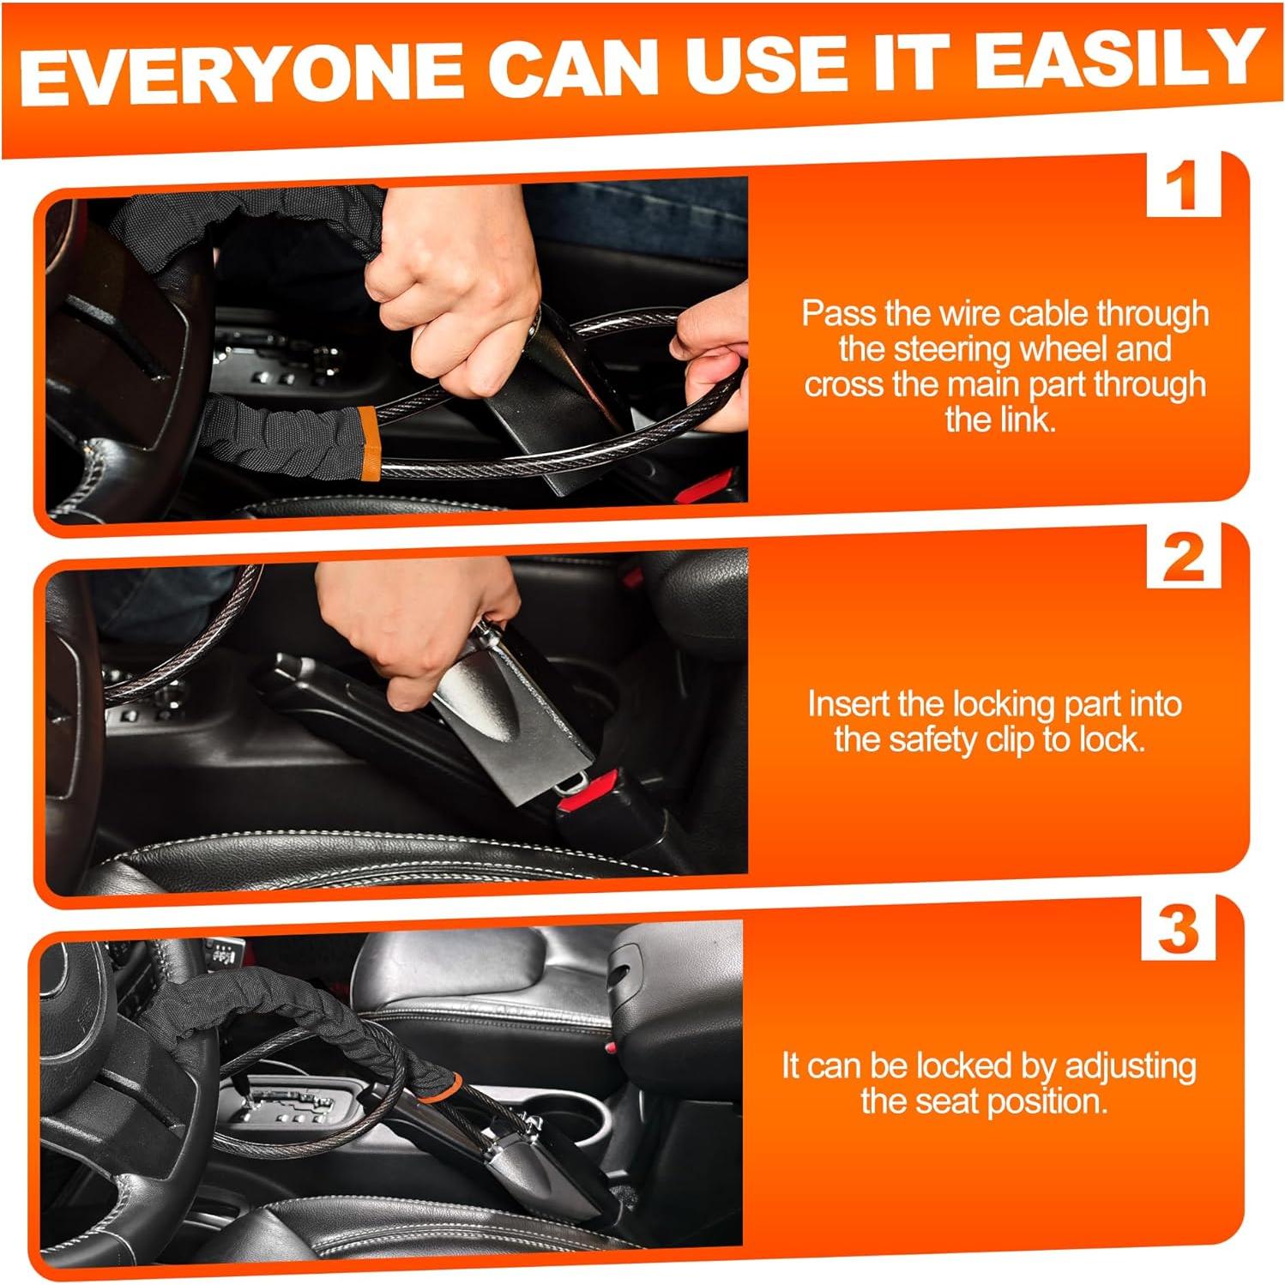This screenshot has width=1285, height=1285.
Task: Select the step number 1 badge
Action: click(x=1183, y=184)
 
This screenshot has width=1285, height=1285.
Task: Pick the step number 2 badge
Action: click(x=1183, y=557)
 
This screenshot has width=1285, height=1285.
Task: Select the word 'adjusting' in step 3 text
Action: click(x=1130, y=1067)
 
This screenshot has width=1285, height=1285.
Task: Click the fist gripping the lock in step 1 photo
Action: click(x=454, y=317)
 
